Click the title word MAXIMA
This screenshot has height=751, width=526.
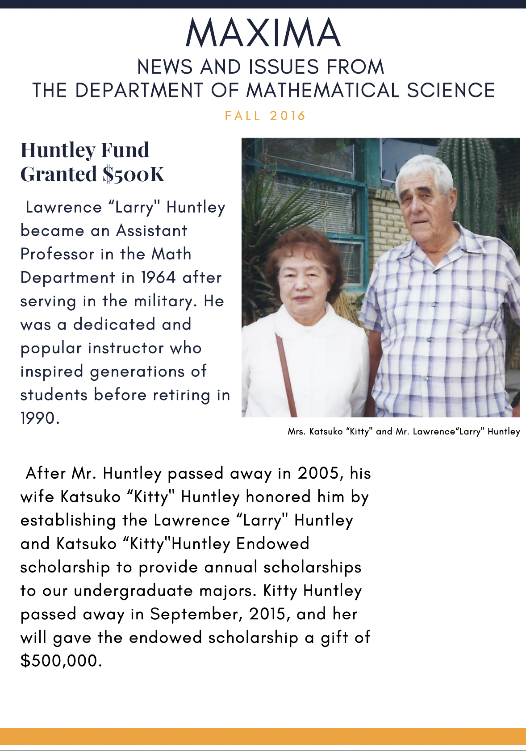263,33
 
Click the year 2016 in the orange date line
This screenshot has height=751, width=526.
288,116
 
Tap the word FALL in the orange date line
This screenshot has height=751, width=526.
242,116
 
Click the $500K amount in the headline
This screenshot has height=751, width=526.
134,174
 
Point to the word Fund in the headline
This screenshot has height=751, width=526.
125,150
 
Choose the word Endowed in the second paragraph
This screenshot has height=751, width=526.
272,544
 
